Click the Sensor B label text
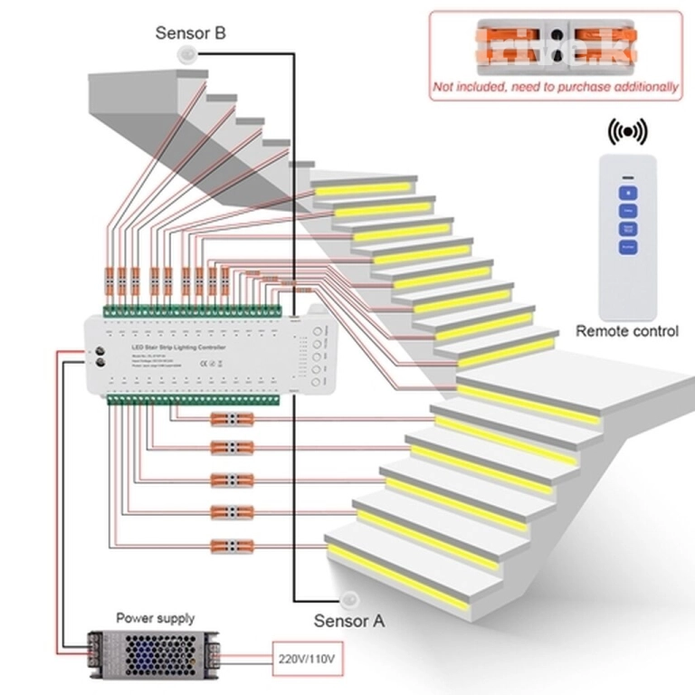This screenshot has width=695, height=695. coord(190,33)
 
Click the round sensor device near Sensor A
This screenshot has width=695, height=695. coord(350,599)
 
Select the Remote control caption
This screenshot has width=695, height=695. coord(627,331)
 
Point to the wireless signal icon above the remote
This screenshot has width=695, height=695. coord(626,132)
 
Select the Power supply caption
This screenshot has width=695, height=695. coord(155,619)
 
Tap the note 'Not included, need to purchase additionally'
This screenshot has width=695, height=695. coord(556,87)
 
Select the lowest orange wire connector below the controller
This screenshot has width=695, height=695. coord(231,545)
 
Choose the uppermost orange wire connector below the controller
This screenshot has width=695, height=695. coord(231,419)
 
